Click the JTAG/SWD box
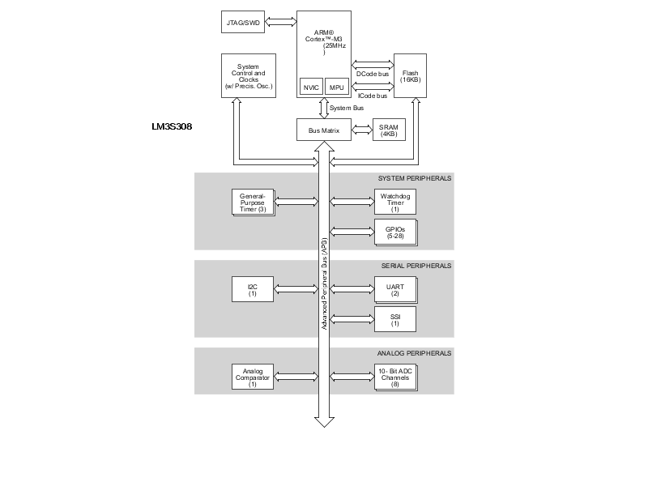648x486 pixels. [243, 21]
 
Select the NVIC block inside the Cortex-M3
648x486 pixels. [311, 87]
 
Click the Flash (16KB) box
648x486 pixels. [410, 76]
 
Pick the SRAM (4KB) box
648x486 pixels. [389, 130]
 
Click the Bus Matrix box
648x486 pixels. [324, 130]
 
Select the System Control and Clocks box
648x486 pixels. [249, 76]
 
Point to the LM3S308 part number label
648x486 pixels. [172, 127]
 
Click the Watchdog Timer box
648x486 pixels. [394, 202]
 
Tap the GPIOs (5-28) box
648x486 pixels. [394, 231]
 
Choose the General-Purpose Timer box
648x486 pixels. [253, 202]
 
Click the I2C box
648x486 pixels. [253, 288]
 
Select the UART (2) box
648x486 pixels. [394, 288]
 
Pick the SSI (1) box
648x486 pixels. [394, 319]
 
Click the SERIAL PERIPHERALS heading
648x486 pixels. [416, 266]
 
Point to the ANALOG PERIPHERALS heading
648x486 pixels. [414, 353]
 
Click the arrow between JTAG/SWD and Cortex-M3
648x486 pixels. [281, 21]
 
